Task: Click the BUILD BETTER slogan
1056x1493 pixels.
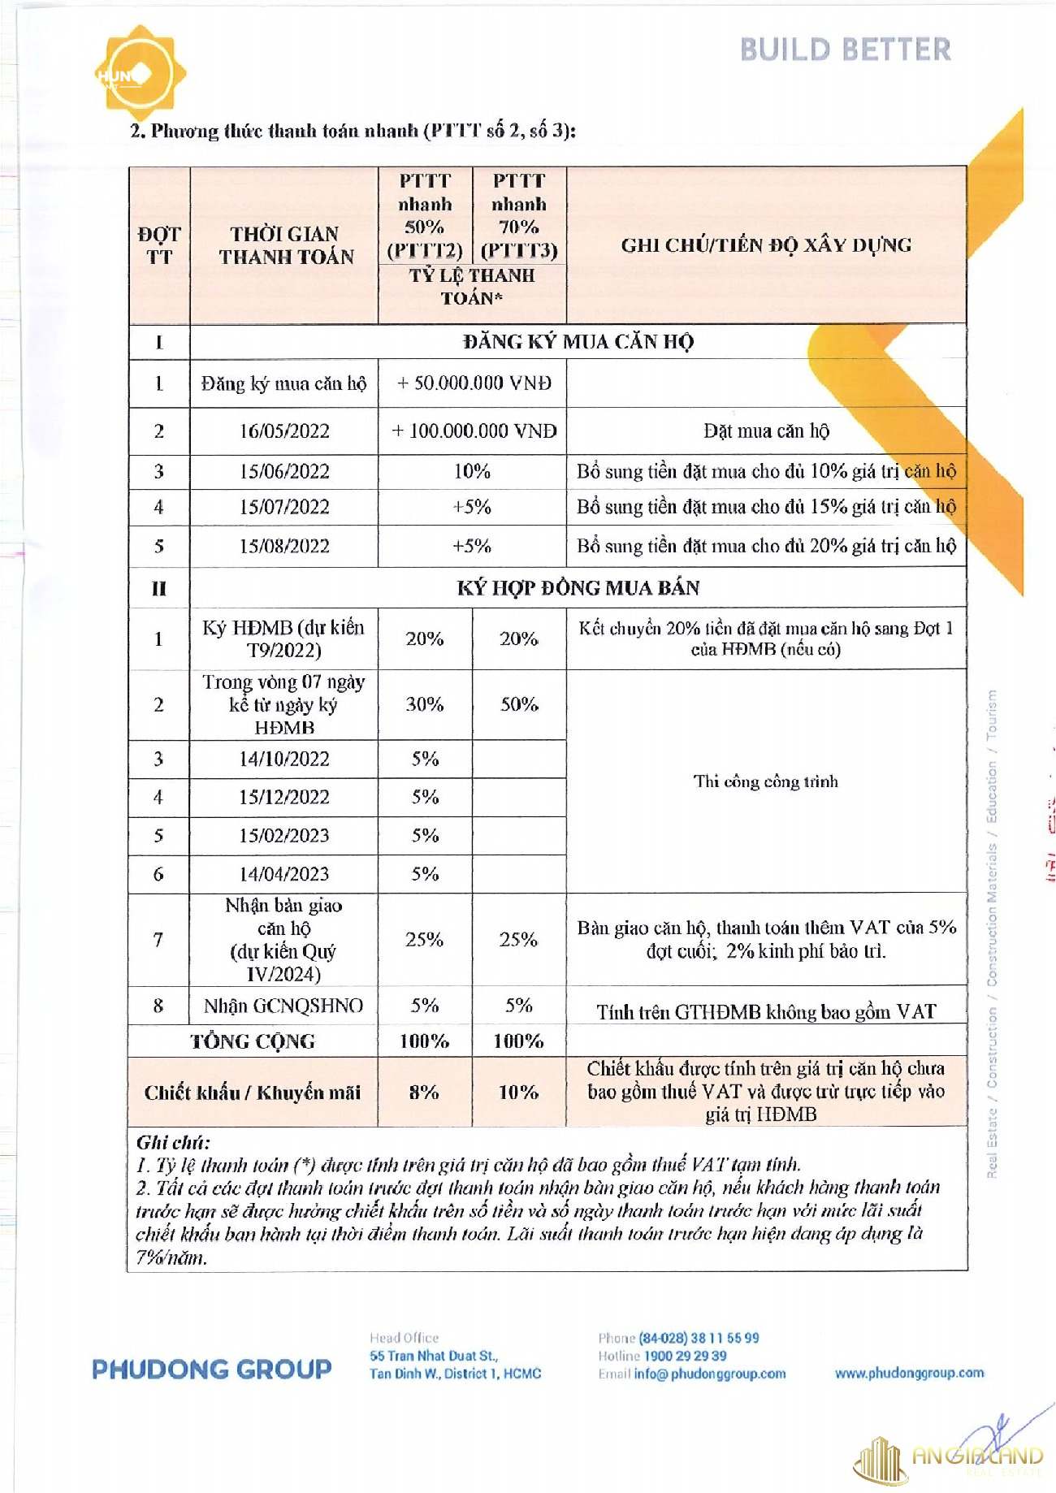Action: pos(845,50)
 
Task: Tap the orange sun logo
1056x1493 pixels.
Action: pos(140,72)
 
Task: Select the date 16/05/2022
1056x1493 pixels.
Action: pos(283,431)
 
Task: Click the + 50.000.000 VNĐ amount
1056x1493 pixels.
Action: pos(474,383)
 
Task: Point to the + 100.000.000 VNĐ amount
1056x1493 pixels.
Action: pos(474,431)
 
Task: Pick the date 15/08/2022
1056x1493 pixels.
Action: pos(283,546)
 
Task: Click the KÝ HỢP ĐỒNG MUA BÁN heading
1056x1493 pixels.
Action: pos(578,587)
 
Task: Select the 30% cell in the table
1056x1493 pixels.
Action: pos(424,704)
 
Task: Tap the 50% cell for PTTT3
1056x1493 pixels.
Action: pos(518,704)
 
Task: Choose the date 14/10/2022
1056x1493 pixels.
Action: pos(283,759)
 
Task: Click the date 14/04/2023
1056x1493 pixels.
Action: pos(283,874)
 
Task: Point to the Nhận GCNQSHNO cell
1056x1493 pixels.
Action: pos(283,1006)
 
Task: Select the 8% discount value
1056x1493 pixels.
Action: pos(424,1092)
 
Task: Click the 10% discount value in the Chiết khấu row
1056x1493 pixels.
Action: pos(518,1092)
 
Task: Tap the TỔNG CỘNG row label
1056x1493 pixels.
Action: pos(252,1041)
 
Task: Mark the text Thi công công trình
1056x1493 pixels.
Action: pos(765,781)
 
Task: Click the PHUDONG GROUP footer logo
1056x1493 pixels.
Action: pos(211,1370)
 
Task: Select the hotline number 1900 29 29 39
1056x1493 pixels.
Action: pos(685,1356)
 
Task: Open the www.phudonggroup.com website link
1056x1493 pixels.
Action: pos(909,1373)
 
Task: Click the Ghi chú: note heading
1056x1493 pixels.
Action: pos(173,1142)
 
